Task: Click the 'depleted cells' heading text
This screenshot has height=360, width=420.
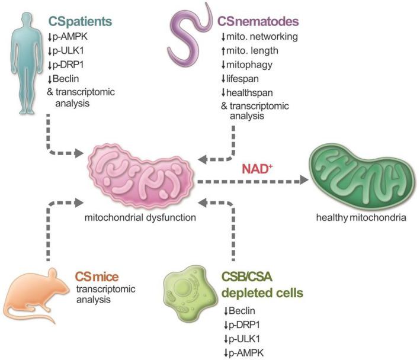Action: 254,292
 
